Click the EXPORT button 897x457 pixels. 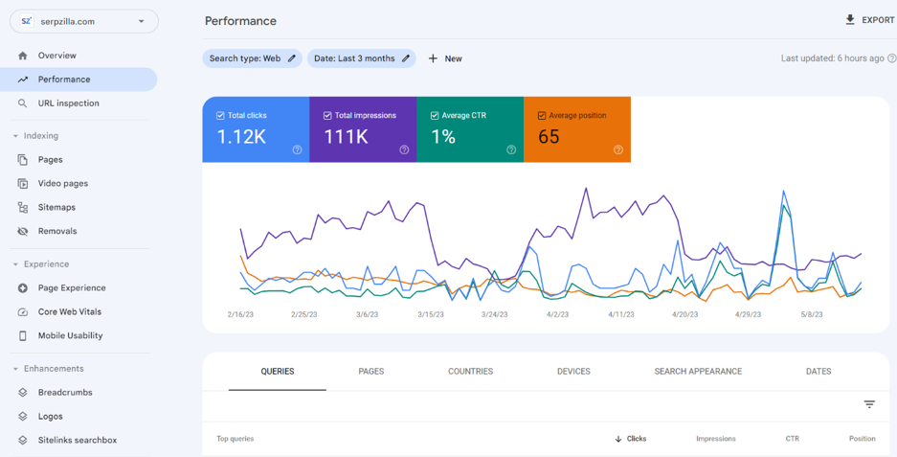pos(869,20)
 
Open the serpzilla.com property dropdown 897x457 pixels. pos(84,22)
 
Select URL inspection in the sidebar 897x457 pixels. pos(69,103)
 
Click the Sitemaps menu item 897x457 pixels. pos(56,207)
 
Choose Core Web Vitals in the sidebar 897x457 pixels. pos(69,311)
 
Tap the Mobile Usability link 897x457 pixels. pos(71,335)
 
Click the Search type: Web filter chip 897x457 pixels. pos(253,58)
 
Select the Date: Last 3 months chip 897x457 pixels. pos(362,58)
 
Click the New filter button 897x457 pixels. pos(445,58)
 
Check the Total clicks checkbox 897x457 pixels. pos(220,116)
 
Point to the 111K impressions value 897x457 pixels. pos(346,137)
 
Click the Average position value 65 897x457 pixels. pos(549,137)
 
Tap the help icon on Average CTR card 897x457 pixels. pos(511,150)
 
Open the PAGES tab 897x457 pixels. pos(371,372)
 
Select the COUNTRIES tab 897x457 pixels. pos(470,372)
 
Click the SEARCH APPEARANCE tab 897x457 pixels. pos(698,372)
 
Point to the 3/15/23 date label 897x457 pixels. pos(430,315)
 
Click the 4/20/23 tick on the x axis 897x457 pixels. pos(684,315)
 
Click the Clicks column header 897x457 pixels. pos(631,439)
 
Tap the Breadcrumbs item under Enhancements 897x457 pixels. pos(65,392)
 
